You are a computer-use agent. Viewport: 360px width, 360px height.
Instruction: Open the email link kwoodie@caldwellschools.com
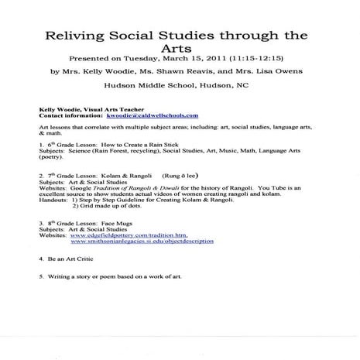coord(146,117)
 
